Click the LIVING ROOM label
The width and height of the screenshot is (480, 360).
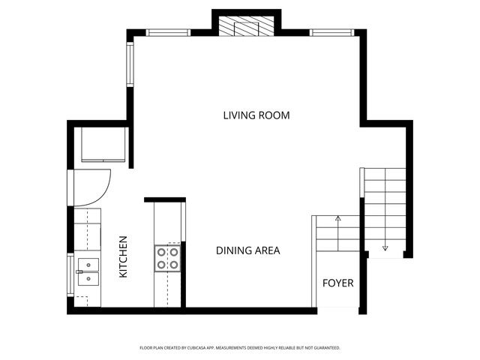pyautogui.click(x=256, y=115)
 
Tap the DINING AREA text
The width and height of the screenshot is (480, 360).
pyautogui.click(x=247, y=250)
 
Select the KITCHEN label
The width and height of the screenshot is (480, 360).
pyautogui.click(x=123, y=257)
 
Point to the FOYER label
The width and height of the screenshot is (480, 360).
pyautogui.click(x=337, y=283)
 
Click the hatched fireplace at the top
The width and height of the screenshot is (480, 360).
pyautogui.click(x=246, y=25)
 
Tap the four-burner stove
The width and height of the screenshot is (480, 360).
pyautogui.click(x=168, y=258)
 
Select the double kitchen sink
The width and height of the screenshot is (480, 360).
pyautogui.click(x=88, y=271)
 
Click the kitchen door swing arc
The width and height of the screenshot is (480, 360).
pyautogui.click(x=96, y=187)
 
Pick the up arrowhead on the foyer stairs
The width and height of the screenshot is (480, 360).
pyautogui.click(x=337, y=217)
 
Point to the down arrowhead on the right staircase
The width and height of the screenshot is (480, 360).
pyautogui.click(x=385, y=247)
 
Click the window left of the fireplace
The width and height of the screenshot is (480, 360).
pyautogui.click(x=168, y=32)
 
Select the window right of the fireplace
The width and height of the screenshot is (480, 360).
pyautogui.click(x=332, y=32)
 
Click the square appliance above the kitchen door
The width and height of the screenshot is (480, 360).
pyautogui.click(x=102, y=144)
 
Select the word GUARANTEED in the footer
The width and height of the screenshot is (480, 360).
pyautogui.click(x=324, y=348)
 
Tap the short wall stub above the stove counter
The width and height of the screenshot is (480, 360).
pyautogui.click(x=165, y=199)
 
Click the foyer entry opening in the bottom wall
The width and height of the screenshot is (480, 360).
pyautogui.click(x=335, y=310)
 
